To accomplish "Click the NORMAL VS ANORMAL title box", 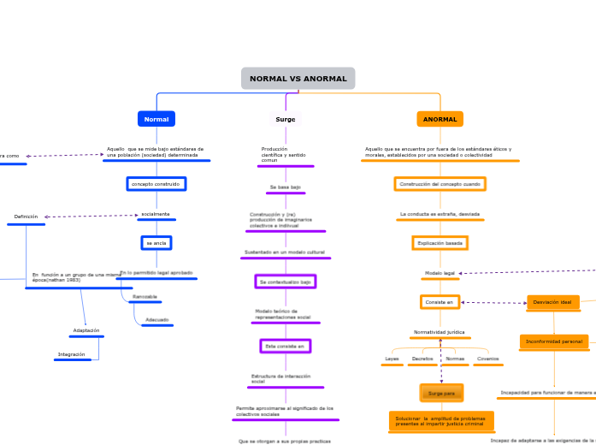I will [x=298, y=79].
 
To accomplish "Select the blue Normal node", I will [x=156, y=119].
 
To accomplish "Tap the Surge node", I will [x=286, y=119].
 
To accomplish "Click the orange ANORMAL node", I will [x=440, y=119].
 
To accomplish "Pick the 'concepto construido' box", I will [x=156, y=184].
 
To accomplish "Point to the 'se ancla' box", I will [x=156, y=243].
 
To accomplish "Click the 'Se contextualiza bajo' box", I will [x=285, y=281].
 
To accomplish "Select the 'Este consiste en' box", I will [x=285, y=346].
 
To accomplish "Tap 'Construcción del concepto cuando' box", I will [x=440, y=184].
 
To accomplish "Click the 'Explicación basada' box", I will [x=440, y=243].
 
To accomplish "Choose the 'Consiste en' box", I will [x=440, y=301].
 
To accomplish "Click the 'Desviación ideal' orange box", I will [x=552, y=302].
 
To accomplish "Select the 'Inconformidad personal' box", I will [x=554, y=341].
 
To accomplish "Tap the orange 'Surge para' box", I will [x=441, y=393].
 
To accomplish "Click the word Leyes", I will [x=392, y=359].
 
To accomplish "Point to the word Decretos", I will [x=422, y=359].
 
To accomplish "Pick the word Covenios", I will [x=488, y=359].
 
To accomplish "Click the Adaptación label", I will [x=86, y=330].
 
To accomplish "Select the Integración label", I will [x=72, y=354].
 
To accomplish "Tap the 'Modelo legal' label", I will [x=440, y=273].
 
